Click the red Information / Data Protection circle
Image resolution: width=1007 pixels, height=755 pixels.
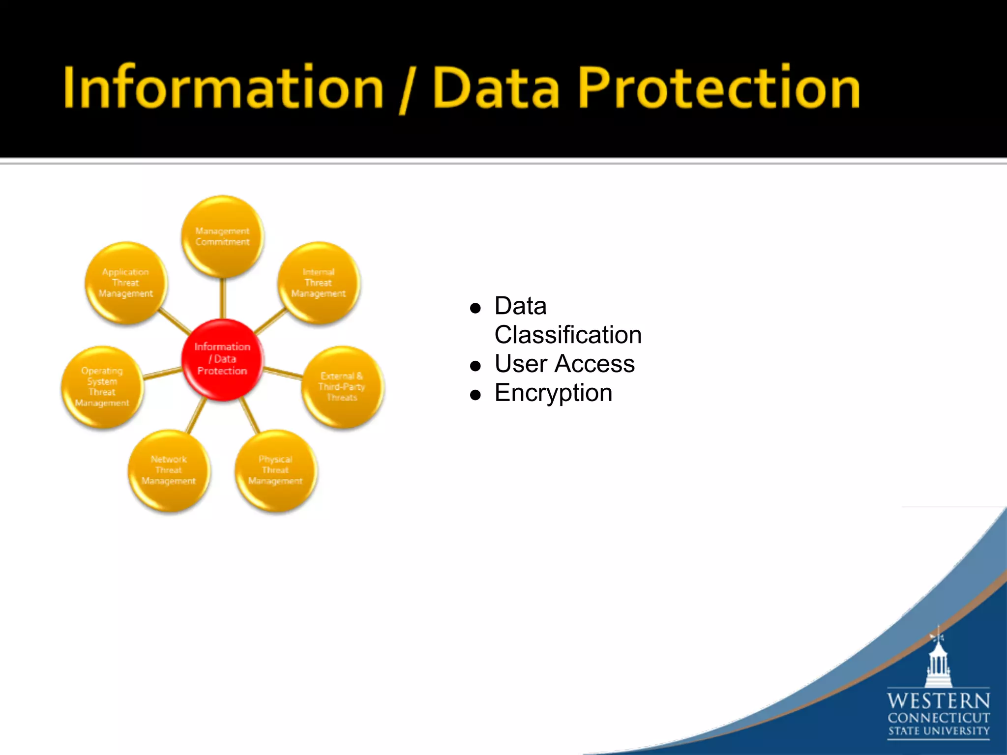pos(222,359)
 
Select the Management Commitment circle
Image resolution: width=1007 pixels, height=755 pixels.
pos(222,236)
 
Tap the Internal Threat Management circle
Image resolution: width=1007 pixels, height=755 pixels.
pos(319,283)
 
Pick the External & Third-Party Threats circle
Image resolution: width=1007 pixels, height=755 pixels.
pos(342,387)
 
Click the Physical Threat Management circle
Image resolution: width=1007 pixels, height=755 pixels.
pos(275,470)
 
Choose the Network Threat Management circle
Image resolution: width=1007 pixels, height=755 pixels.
pos(169,470)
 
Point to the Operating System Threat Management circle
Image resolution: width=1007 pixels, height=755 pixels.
pos(102,387)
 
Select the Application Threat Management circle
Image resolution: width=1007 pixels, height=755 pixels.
pos(126,283)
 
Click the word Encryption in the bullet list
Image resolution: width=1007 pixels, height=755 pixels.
pos(553,393)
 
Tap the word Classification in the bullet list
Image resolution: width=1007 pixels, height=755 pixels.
pos(568,335)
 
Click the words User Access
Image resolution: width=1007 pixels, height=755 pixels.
pos(564,364)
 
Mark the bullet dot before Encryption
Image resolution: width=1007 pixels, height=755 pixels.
pos(475,395)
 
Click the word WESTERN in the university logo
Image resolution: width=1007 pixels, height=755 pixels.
pos(938,700)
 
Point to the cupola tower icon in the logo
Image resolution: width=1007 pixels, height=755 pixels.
pos(938,661)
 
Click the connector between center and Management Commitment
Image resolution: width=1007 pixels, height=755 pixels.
pos(222,298)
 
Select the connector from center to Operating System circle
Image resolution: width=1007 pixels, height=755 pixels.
pos(163,374)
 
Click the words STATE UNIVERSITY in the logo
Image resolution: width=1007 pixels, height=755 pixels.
pos(938,731)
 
